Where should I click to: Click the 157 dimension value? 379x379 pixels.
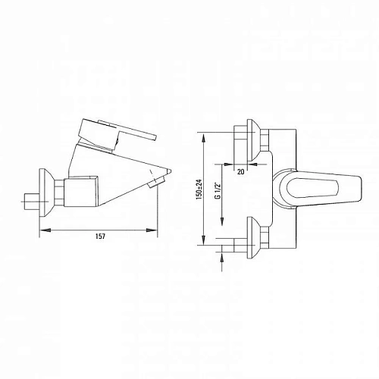coord(100,236)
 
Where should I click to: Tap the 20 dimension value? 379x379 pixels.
coord(241,172)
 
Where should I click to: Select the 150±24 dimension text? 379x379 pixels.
coord(199,189)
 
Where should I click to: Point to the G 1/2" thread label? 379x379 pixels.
coord(218,190)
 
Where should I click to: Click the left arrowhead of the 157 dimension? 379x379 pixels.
coord(45,230)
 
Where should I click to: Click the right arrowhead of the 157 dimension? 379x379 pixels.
coord(152,230)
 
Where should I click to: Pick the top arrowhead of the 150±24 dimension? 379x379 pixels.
coord(204,138)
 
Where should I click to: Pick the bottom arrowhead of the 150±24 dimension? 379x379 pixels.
coord(204,239)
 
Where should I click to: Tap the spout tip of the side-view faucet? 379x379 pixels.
coord(169,171)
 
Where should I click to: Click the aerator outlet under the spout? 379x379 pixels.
coord(156,183)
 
